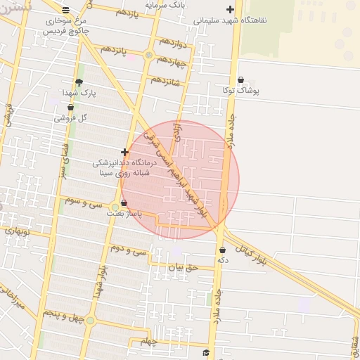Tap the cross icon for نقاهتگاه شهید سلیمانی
point(230,10)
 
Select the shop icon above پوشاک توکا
point(241,80)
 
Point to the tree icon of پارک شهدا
point(78,82)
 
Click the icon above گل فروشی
point(70,108)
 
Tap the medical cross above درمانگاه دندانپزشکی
point(124,152)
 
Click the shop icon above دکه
point(222,250)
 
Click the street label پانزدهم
point(113,51)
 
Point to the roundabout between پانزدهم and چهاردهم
point(148,55)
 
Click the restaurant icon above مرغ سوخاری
point(66,10)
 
